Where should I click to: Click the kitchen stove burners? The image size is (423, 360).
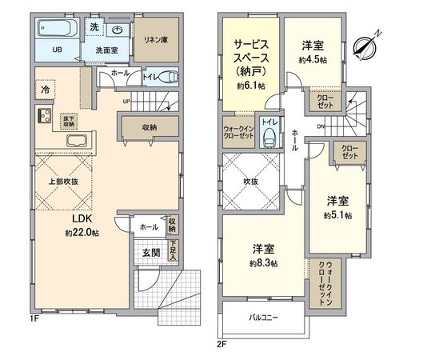coord(42,115)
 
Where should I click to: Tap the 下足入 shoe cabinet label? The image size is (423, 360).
coord(173,250)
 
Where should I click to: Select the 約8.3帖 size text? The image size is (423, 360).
coord(262,263)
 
